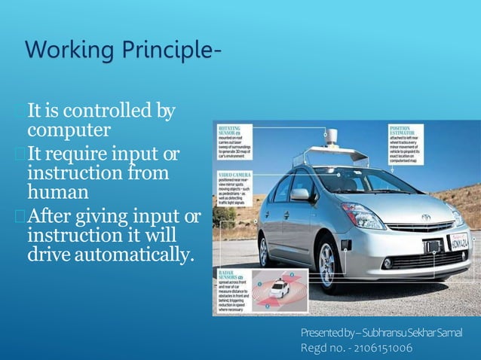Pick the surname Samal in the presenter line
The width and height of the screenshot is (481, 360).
click(x=447, y=333)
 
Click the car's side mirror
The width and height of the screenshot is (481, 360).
click(x=300, y=194)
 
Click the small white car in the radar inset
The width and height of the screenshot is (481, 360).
click(x=279, y=288)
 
